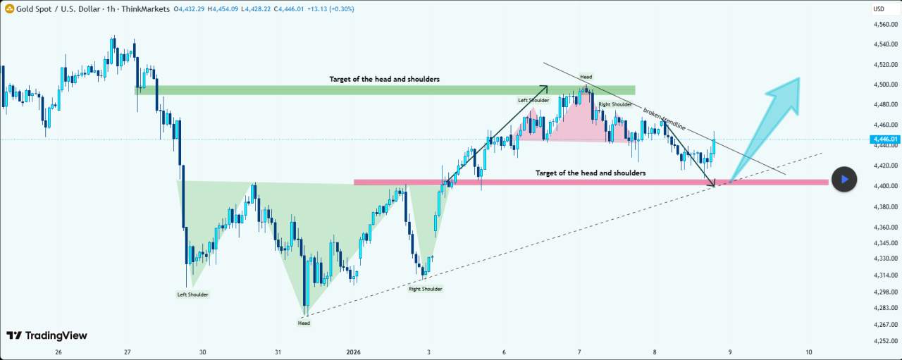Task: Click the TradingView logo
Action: coord(47,335)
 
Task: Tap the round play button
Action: coord(844,180)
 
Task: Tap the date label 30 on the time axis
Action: coord(203,352)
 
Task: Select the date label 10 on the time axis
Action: coord(808,352)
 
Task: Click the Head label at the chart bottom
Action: coord(304,323)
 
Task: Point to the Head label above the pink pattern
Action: coord(586,76)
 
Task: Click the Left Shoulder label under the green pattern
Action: coord(192,294)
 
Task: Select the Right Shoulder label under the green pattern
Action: coord(426,289)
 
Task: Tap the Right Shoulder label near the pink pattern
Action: coord(615,104)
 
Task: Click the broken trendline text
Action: coord(664,119)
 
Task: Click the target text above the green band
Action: coord(384,80)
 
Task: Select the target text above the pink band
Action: coord(590,173)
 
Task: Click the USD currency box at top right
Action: coord(879,9)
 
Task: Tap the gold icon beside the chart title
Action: coord(10,8)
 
